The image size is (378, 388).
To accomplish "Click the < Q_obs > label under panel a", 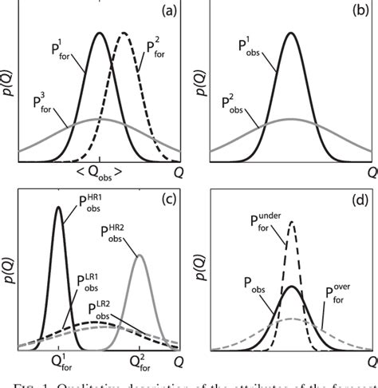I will [x=100, y=170].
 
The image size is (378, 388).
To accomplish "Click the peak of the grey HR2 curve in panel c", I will [x=140, y=256].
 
